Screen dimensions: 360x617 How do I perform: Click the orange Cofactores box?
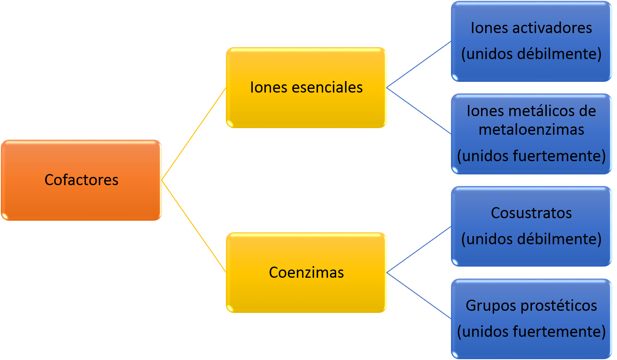point(81,180)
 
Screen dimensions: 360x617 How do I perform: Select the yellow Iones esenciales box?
point(306,88)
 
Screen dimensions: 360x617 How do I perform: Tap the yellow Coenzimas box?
point(306,273)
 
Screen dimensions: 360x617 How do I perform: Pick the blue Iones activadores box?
point(531,41)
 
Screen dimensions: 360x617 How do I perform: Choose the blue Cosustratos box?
point(531,226)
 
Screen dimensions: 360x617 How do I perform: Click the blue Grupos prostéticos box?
point(531,319)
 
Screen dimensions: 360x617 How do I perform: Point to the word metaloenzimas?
point(531,130)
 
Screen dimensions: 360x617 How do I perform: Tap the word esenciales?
point(327,88)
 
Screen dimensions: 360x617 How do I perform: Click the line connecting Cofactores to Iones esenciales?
point(194,134)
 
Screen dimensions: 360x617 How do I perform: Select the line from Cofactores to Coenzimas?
point(194,226)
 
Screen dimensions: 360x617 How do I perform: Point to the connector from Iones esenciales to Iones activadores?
point(419,64)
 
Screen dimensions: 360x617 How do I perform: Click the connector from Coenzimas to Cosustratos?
point(419,250)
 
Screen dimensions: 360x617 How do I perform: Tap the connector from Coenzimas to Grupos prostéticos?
point(419,296)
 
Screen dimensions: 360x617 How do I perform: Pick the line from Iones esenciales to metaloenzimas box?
point(419,111)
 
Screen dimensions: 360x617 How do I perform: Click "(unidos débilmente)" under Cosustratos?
point(531,239)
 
